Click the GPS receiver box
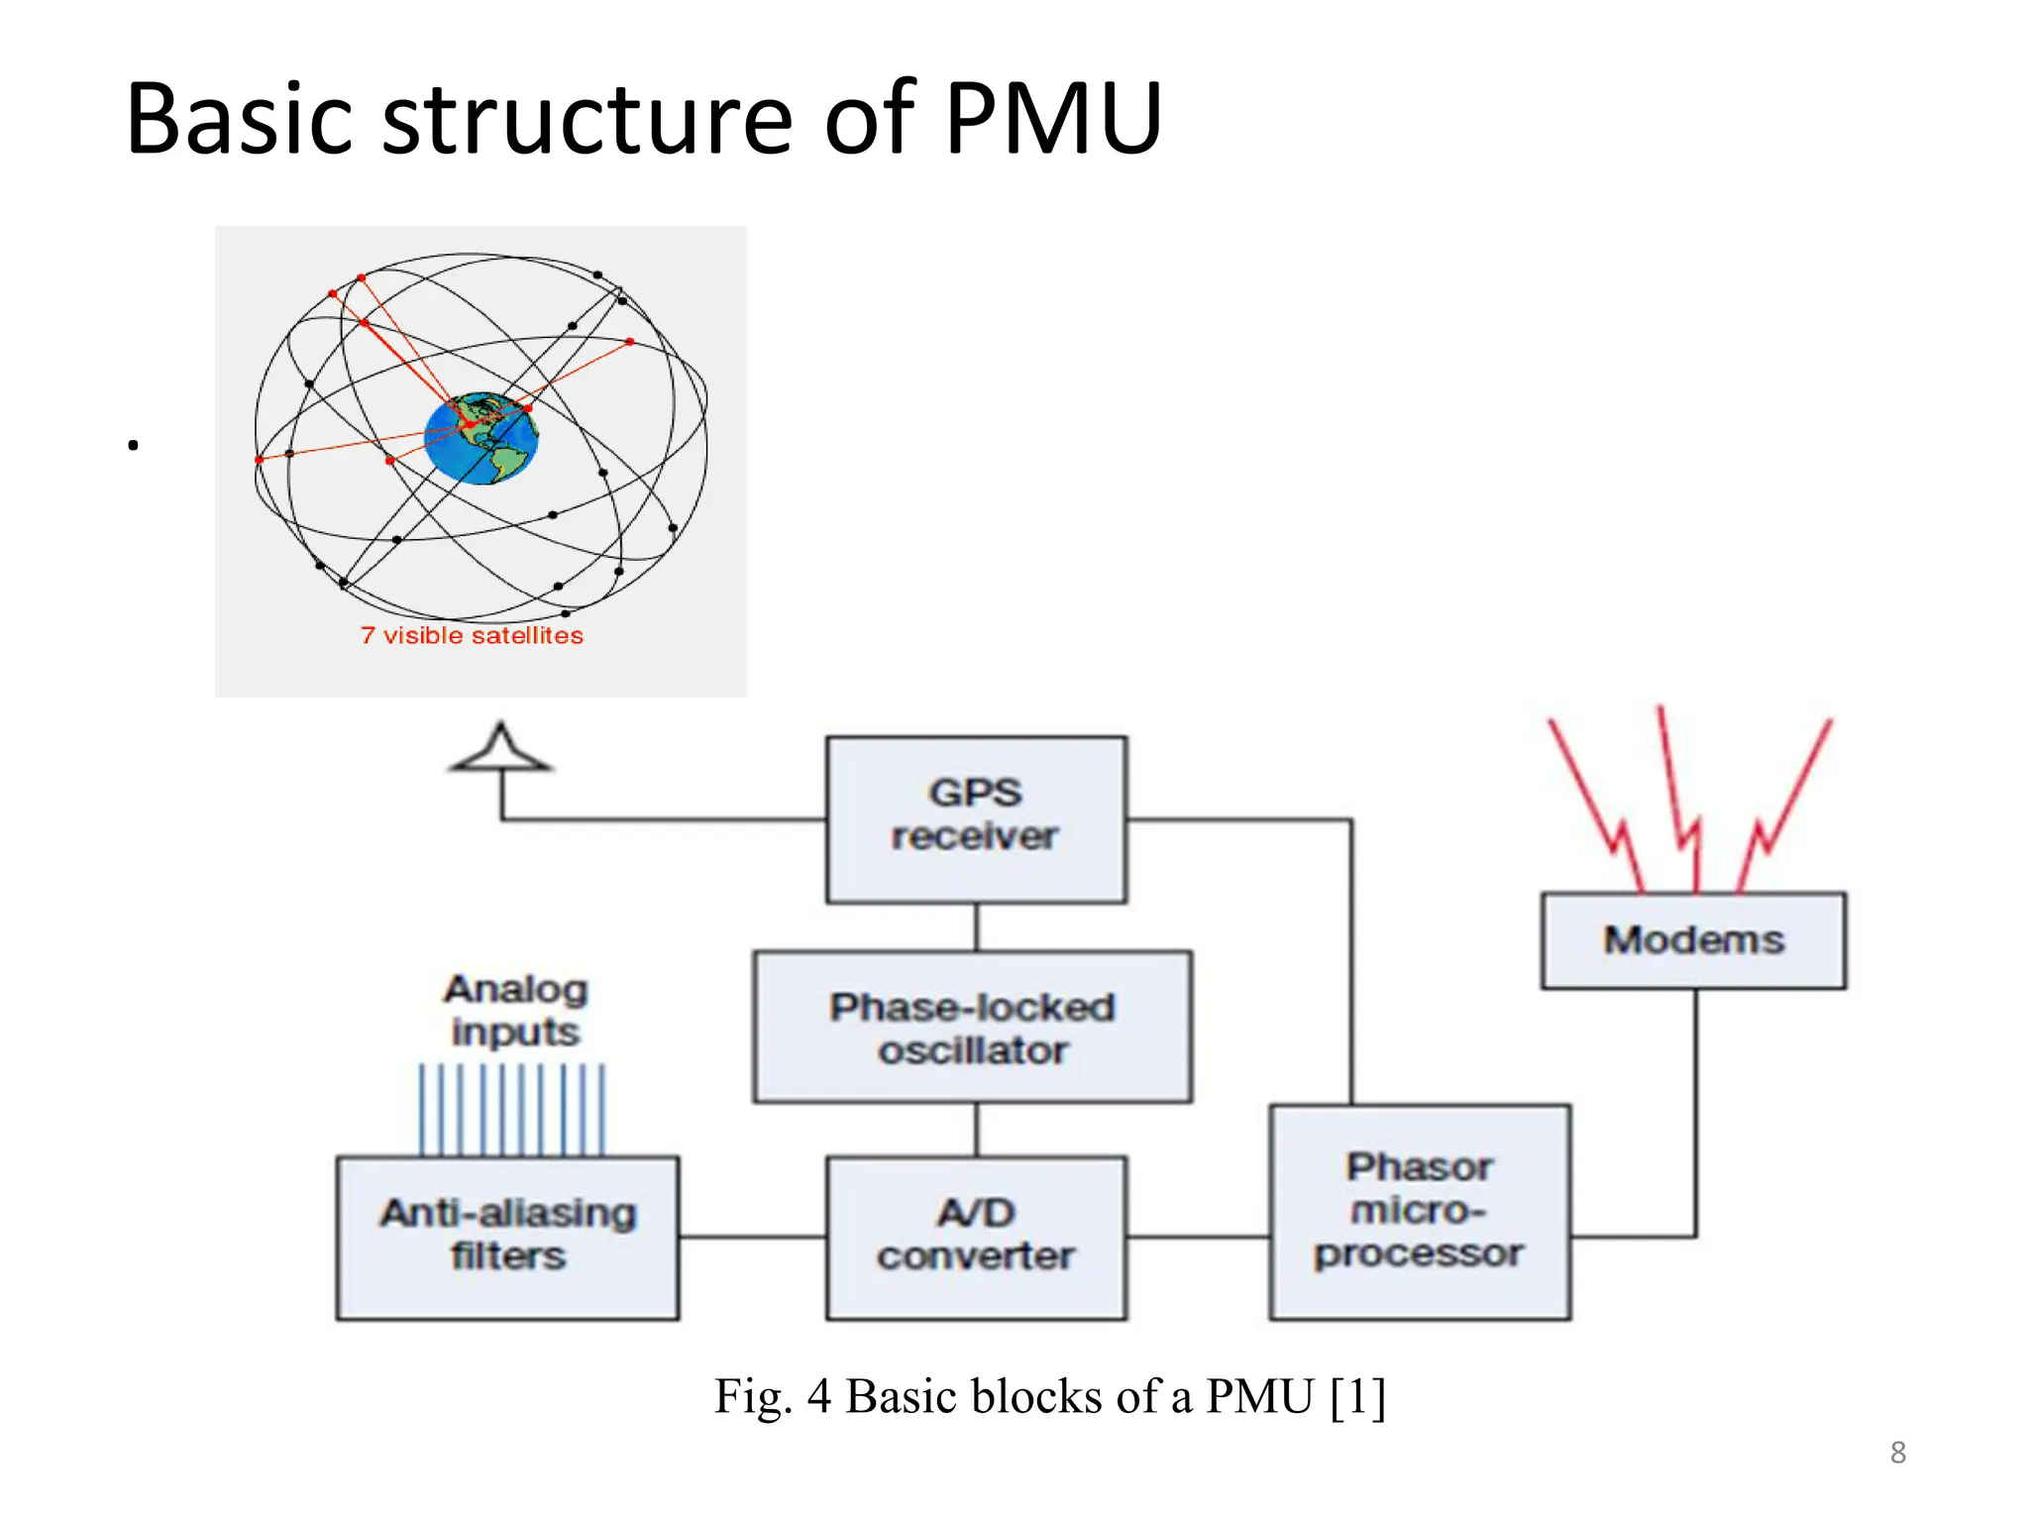(976, 818)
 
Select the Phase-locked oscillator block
(972, 1028)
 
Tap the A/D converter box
(976, 1237)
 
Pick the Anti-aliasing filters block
(507, 1237)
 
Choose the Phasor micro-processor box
(1419, 1212)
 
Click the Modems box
(1693, 939)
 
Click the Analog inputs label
(515, 1010)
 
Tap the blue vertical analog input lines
(511, 1110)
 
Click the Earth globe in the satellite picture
(482, 439)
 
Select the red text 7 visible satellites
(472, 635)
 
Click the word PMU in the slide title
(1052, 119)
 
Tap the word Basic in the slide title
(239, 119)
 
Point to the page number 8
(1897, 1453)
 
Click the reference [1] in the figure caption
(1356, 1396)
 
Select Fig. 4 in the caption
(772, 1396)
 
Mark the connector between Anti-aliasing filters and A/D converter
(753, 1237)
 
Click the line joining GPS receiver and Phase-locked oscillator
(977, 926)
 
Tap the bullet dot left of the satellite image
(133, 446)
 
